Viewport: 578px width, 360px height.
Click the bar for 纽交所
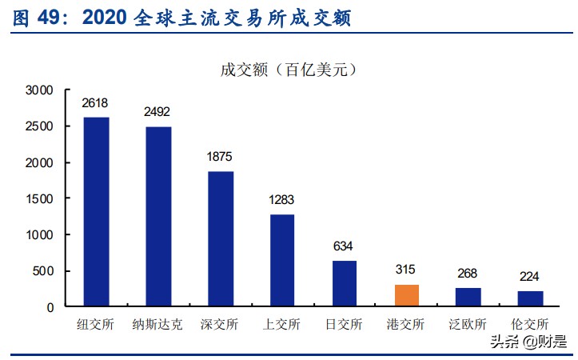click(96, 212)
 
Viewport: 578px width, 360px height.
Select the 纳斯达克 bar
click(158, 216)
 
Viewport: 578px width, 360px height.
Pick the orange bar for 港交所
click(407, 295)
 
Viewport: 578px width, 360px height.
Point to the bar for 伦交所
click(531, 298)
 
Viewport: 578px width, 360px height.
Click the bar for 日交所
click(345, 283)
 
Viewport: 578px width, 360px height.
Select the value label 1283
click(282, 199)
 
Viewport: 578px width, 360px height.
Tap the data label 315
click(406, 270)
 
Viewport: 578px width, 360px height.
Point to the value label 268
click(468, 274)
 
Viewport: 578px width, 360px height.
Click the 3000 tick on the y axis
click(39, 90)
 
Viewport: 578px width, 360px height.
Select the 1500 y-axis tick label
click(39, 199)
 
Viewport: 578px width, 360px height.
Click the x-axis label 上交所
click(282, 325)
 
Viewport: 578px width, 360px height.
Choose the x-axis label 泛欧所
click(468, 325)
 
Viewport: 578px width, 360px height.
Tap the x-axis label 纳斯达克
click(157, 325)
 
